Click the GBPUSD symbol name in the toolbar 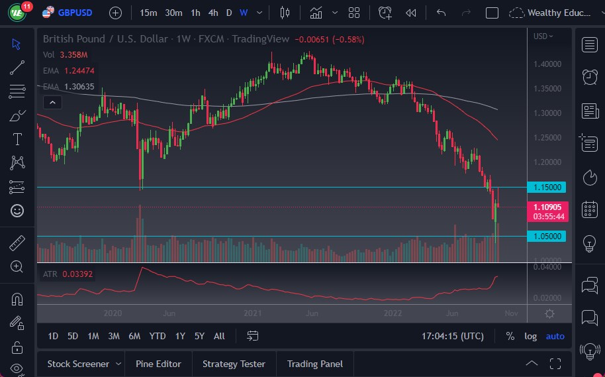[x=75, y=13]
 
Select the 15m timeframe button [x=149, y=13]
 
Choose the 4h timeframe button [x=212, y=13]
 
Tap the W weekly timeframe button [x=244, y=13]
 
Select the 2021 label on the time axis [x=253, y=313]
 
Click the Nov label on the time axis [x=510, y=313]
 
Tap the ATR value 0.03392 [x=78, y=274]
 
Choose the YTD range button [x=158, y=336]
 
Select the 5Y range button [x=199, y=336]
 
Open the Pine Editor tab [x=159, y=364]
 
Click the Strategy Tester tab [x=234, y=364]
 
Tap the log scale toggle [x=531, y=336]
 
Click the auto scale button [x=555, y=336]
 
